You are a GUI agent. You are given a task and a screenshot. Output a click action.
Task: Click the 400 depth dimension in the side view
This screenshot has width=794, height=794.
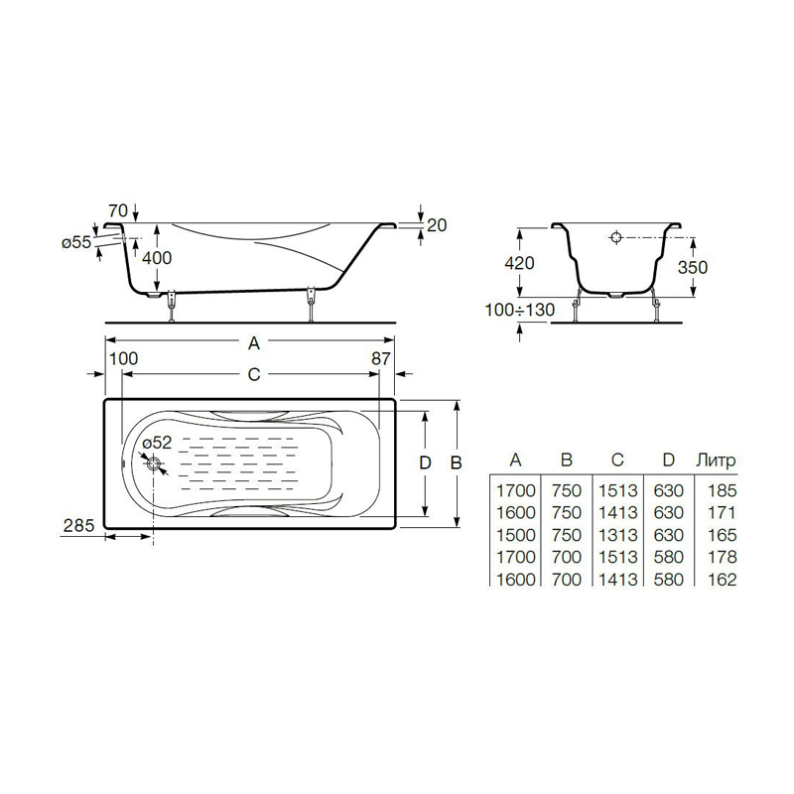tap(157, 258)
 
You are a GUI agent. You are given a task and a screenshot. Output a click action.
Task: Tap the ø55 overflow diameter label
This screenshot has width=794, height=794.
tap(76, 243)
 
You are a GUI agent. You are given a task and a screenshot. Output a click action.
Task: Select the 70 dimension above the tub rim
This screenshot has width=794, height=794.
tap(118, 210)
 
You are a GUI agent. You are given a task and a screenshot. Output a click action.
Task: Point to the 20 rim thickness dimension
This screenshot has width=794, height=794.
tap(437, 225)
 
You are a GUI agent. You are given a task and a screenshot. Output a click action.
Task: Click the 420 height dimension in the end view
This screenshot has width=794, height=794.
tap(519, 263)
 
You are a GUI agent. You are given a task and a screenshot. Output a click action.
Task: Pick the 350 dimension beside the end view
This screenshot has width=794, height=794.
tap(692, 267)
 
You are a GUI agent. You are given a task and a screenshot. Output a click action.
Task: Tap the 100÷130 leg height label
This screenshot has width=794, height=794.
tap(520, 310)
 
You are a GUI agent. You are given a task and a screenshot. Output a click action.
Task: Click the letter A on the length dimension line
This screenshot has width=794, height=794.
tap(254, 343)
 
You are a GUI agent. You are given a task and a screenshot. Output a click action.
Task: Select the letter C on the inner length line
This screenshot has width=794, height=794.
tap(254, 375)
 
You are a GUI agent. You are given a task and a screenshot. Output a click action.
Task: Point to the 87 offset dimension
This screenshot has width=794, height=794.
tap(381, 359)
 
